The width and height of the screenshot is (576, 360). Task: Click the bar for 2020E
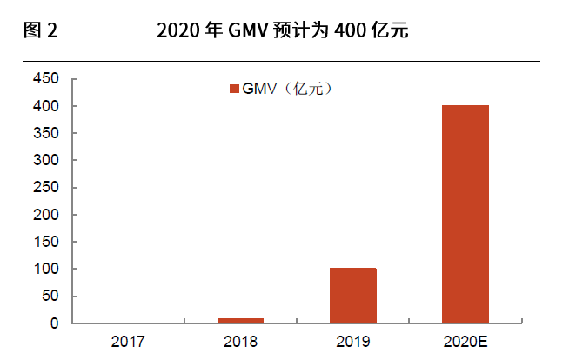[x=465, y=214]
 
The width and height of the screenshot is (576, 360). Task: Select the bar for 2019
[x=353, y=296]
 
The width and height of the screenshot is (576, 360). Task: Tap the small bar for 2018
[x=240, y=320]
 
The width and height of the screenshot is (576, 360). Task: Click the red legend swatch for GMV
[x=233, y=89]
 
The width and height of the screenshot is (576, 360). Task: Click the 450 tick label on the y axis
[x=45, y=79]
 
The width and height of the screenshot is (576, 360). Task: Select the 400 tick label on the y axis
[x=45, y=106]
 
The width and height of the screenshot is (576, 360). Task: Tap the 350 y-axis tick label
[x=45, y=133]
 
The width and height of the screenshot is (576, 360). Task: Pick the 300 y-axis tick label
[x=45, y=160]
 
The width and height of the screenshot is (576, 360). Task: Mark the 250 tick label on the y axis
[x=45, y=188]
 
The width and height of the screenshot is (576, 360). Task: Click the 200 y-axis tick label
[x=45, y=215]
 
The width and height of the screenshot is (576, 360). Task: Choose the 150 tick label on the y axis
[x=45, y=242]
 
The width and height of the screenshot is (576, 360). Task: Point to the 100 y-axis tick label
[x=45, y=269]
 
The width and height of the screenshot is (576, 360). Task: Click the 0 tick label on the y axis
[x=54, y=323]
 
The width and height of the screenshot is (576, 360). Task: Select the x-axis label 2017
[x=128, y=341]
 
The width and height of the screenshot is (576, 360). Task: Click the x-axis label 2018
[x=240, y=341]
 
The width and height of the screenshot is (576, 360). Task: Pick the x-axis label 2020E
[x=465, y=341]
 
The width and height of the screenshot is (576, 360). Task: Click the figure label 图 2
[x=41, y=32]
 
